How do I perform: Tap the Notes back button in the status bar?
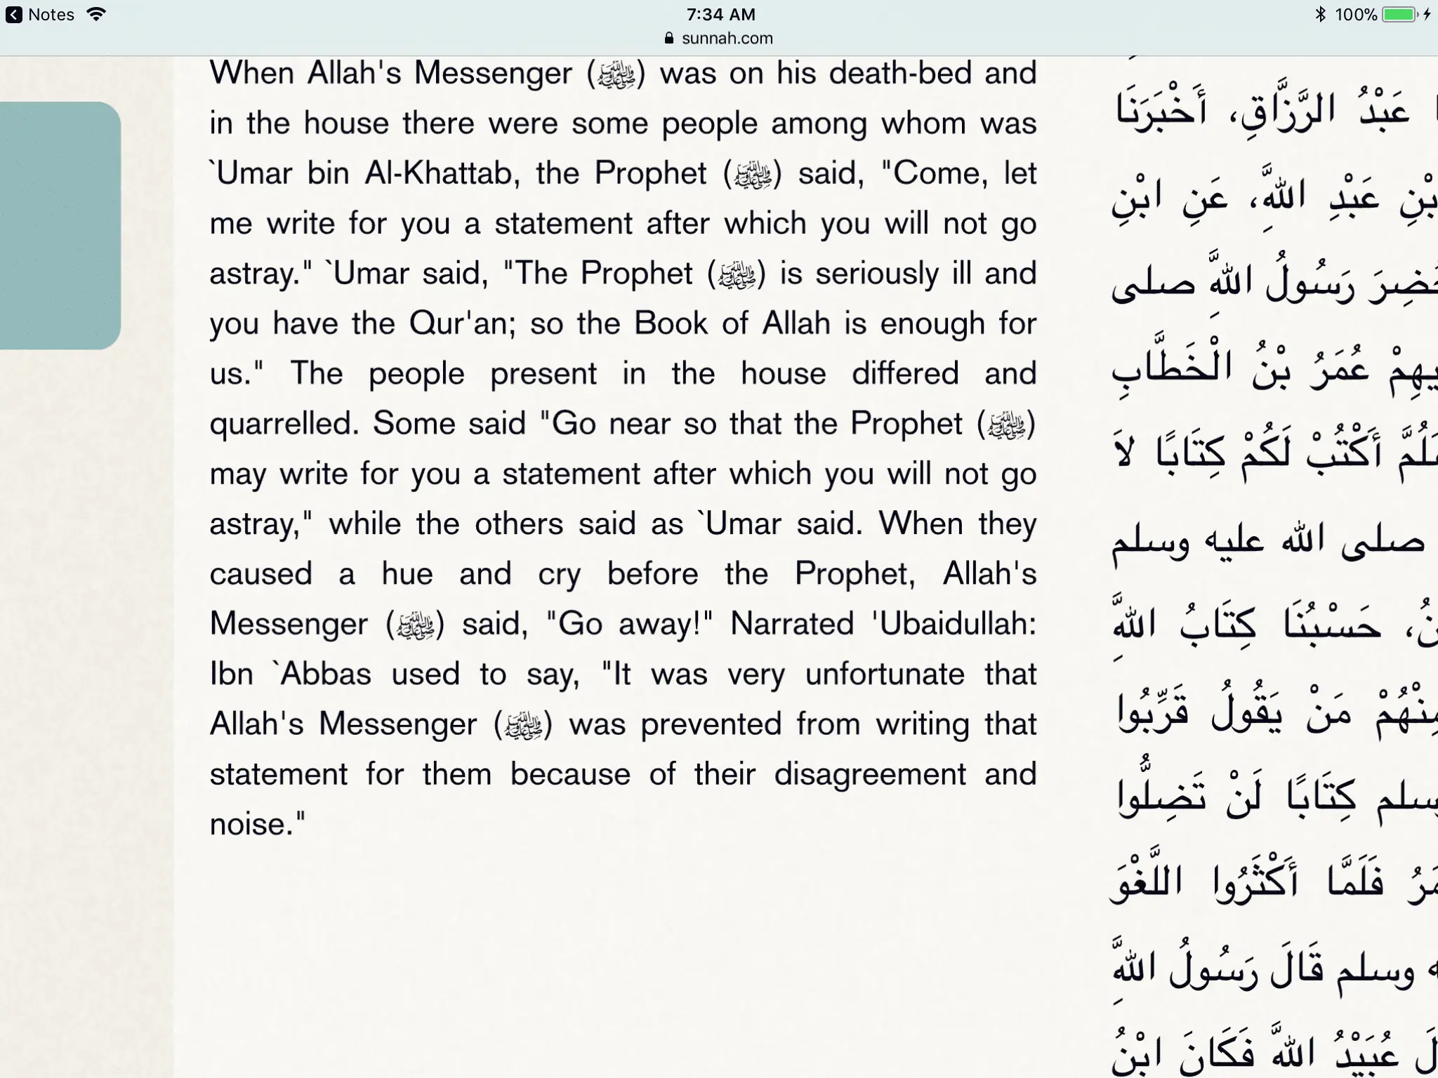40,15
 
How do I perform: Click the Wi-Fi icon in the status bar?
96,14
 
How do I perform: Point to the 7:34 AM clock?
720,14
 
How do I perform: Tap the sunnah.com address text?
727,39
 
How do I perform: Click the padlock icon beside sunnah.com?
669,39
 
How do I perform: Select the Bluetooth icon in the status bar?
1320,14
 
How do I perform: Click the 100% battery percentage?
1356,15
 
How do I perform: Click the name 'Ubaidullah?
954,624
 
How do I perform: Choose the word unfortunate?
885,674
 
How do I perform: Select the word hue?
407,574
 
